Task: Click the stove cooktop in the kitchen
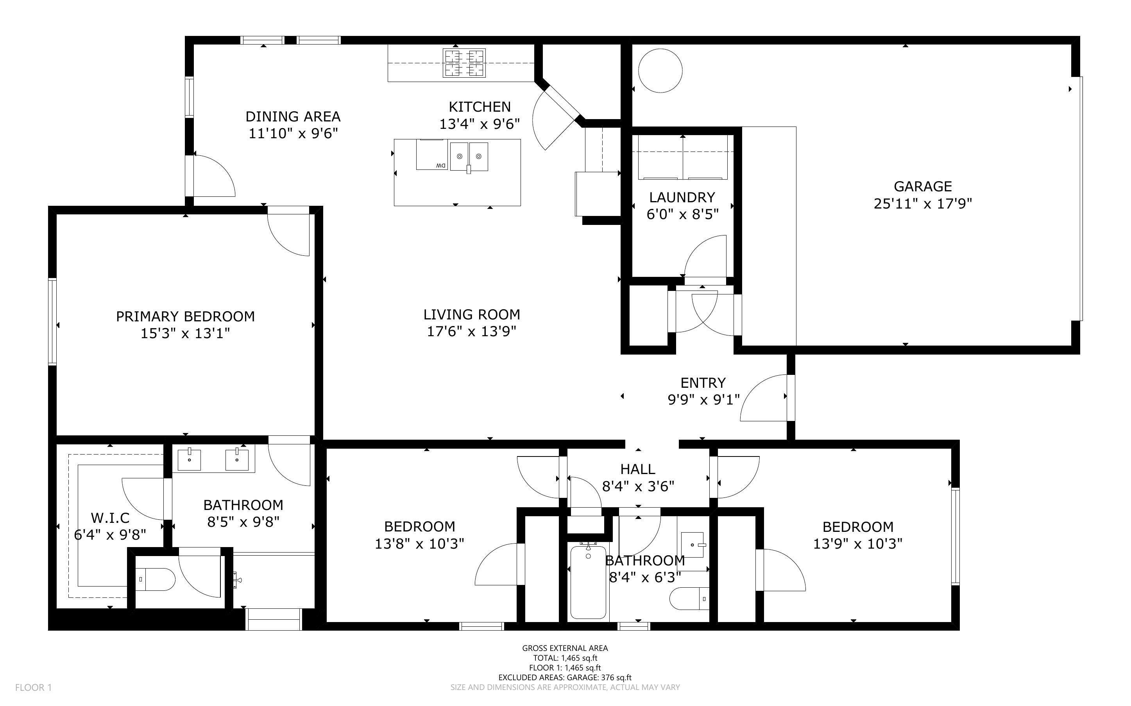[464, 63]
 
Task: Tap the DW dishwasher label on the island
[440, 165]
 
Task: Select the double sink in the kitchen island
[469, 157]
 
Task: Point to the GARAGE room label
[922, 186]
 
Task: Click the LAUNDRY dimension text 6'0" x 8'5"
[682, 214]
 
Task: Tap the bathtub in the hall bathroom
[588, 581]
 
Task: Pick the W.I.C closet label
[110, 518]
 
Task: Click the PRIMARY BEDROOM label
[186, 317]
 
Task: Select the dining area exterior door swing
[213, 175]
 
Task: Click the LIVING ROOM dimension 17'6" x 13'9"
[471, 332]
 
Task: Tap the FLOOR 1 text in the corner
[34, 687]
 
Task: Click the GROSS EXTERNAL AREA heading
[565, 648]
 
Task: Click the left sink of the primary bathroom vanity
[189, 460]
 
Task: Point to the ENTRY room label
[703, 383]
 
